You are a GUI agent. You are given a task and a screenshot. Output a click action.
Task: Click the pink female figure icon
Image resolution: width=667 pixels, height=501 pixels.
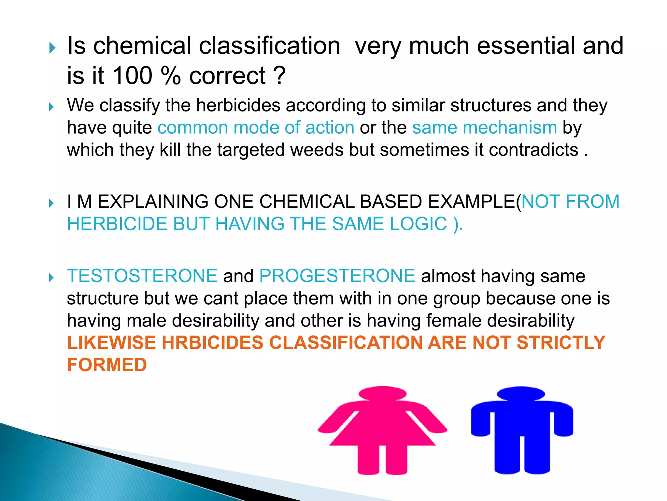point(383,431)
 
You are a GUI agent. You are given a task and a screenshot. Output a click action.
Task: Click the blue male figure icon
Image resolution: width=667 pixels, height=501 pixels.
point(522,431)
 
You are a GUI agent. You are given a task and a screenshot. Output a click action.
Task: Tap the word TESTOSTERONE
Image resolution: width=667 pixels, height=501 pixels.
point(142,276)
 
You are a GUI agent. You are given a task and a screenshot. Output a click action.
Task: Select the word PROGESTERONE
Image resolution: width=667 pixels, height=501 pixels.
point(337,276)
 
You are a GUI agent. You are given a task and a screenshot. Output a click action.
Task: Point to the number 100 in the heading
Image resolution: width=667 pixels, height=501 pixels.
point(132,76)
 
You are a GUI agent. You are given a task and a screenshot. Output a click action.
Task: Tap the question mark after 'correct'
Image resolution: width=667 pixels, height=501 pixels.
point(279,76)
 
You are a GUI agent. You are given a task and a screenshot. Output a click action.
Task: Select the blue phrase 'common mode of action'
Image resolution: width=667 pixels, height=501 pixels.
point(256,128)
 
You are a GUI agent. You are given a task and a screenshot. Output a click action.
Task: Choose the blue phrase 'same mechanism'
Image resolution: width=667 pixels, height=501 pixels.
point(485,128)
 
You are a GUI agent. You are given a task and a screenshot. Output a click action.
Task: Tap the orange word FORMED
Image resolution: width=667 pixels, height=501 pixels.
point(107,365)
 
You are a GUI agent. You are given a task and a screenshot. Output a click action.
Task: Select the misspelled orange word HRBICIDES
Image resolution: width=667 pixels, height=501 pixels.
point(212,343)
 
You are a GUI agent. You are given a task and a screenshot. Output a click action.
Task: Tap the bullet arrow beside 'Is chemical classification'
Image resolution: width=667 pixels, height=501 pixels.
point(52,48)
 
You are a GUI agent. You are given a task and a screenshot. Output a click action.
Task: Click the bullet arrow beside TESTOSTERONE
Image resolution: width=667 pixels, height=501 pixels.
point(51,278)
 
